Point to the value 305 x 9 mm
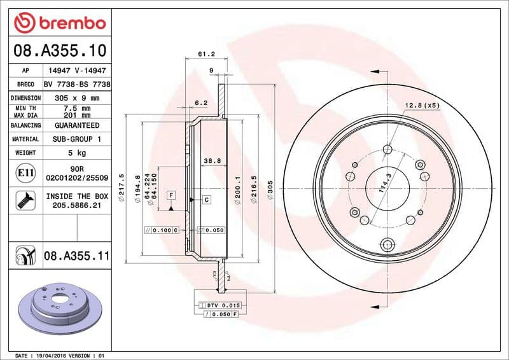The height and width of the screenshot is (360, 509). click(x=76, y=98)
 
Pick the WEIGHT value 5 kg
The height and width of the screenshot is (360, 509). click(x=76, y=153)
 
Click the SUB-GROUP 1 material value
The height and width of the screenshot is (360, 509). click(x=76, y=139)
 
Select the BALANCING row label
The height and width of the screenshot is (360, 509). click(x=26, y=125)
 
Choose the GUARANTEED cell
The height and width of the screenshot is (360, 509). click(x=76, y=125)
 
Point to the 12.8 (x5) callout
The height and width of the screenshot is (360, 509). click(x=422, y=105)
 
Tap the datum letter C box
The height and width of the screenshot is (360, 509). click(x=207, y=200)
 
